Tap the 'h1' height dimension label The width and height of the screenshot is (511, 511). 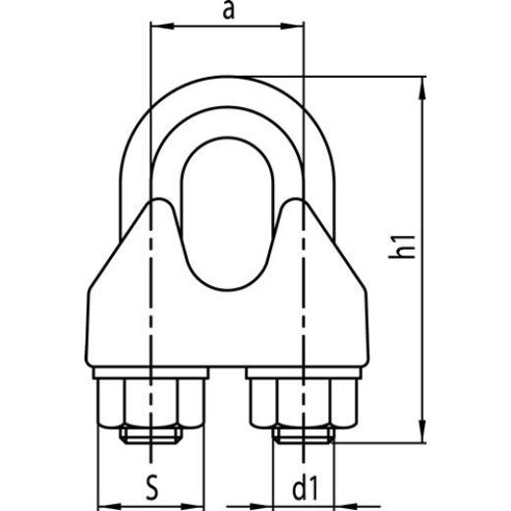click(401, 246)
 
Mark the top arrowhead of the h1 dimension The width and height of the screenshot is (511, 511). click(425, 86)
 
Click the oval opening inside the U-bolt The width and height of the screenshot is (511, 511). click(226, 211)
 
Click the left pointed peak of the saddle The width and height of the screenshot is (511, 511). click(155, 201)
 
